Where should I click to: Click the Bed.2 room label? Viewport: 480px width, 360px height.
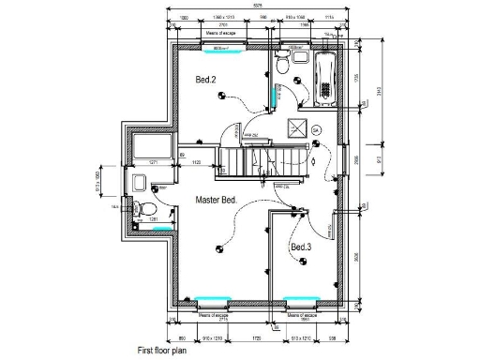pyautogui.click(x=205, y=81)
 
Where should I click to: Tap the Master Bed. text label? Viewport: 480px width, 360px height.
pyautogui.click(x=215, y=201)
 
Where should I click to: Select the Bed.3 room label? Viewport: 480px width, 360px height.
pyautogui.click(x=300, y=247)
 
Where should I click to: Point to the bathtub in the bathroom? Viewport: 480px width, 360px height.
pyautogui.click(x=325, y=78)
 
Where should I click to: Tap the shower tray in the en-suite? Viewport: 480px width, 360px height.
pyautogui.click(x=150, y=148)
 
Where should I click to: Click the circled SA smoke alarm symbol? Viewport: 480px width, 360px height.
pyautogui.click(x=316, y=128)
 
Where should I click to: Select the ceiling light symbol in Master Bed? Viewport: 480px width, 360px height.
pyautogui.click(x=219, y=248)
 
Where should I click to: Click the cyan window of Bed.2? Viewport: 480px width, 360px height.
pyautogui.click(x=223, y=43)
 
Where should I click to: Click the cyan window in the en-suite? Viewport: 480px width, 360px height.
pyautogui.click(x=161, y=227)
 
